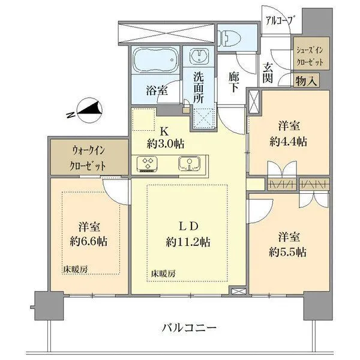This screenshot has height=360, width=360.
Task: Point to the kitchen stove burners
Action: [147, 163]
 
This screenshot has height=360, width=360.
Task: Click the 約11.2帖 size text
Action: [188, 242]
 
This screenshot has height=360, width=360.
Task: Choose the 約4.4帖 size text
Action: [289, 142]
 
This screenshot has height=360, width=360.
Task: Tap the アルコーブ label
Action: [280, 21]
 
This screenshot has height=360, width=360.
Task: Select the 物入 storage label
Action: [306, 80]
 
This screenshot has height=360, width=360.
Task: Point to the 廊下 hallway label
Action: [234, 82]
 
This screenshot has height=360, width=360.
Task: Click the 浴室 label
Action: [157, 91]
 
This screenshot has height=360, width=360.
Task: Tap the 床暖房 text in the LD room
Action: [163, 273]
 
